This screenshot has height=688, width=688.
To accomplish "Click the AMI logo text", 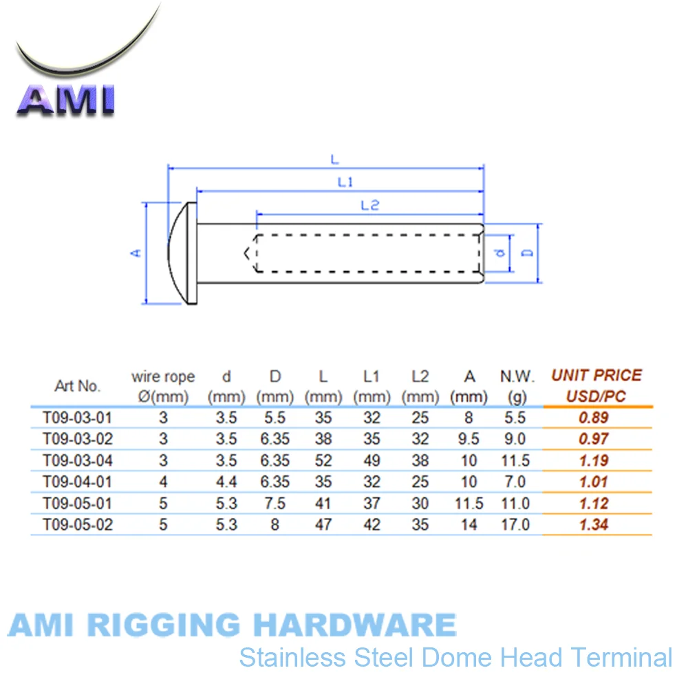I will pos(65,99).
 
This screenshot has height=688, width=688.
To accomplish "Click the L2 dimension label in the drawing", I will pos(370,204).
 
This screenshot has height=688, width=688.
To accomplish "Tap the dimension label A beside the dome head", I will pos(136,253).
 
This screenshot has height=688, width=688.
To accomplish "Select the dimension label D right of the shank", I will pos(528,252).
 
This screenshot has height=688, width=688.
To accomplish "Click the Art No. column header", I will pos(78,386).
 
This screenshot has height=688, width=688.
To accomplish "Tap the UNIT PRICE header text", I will pos(596,376).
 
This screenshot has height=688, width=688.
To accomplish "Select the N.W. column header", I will pos(517,376).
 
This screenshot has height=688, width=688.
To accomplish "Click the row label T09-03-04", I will pos(77,460).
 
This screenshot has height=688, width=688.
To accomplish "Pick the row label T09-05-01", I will pos(77,504).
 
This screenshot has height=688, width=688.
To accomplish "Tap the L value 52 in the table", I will pos(323,460).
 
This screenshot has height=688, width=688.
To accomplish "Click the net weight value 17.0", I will pos(516,525).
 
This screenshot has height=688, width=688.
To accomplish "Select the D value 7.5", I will pos(275,504).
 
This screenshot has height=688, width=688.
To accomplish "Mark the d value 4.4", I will pos(226,482).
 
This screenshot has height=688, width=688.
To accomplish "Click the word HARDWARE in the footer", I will pos(354,625).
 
